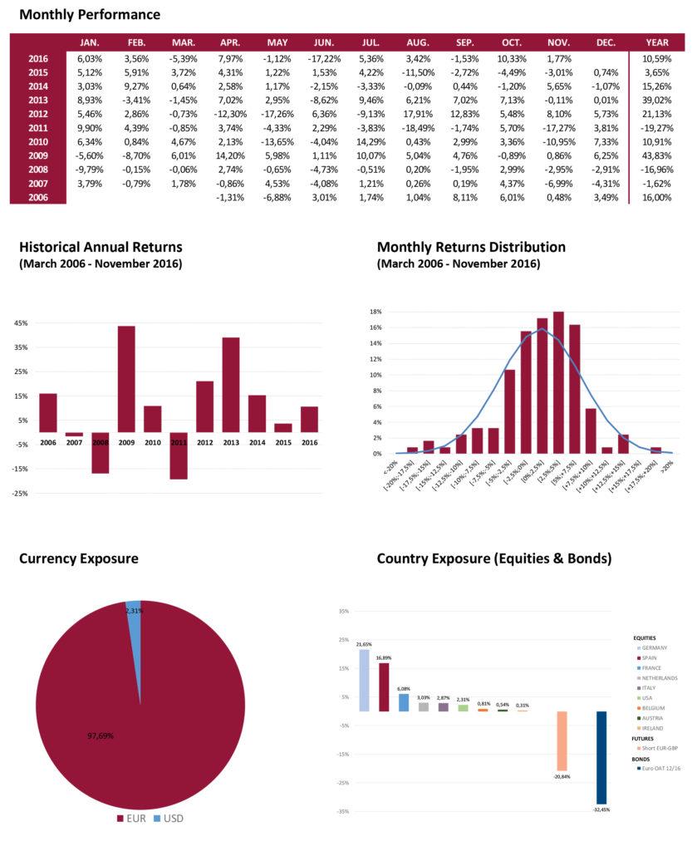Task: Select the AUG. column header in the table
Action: (x=418, y=42)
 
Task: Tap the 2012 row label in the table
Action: (x=37, y=113)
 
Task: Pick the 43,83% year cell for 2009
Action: (x=656, y=155)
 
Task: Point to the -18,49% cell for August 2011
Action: (x=418, y=127)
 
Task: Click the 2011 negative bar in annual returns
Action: (x=178, y=455)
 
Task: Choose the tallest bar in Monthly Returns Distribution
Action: (x=558, y=382)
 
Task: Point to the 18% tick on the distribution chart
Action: (x=375, y=312)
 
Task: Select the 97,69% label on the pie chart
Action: (x=101, y=735)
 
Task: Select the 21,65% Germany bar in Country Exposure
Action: (x=364, y=680)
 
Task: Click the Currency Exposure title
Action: (x=78, y=558)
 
